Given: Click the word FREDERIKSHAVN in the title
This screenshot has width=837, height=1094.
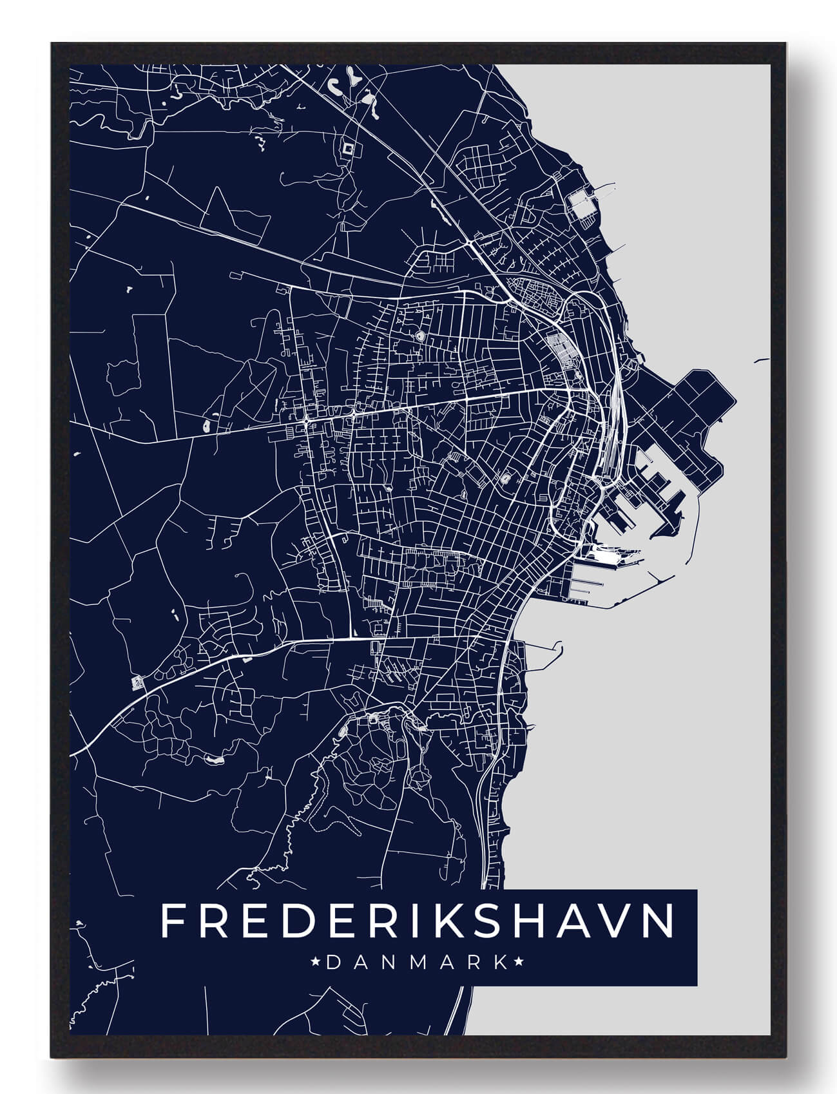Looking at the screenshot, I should [418, 921].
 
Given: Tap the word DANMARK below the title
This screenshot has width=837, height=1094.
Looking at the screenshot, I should [418, 963].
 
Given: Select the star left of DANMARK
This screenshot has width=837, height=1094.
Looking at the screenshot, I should [316, 963].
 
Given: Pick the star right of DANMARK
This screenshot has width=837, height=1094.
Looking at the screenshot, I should [519, 963].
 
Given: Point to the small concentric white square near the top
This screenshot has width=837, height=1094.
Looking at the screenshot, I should [349, 148].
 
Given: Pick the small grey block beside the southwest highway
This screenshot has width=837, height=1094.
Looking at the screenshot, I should [137, 681].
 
